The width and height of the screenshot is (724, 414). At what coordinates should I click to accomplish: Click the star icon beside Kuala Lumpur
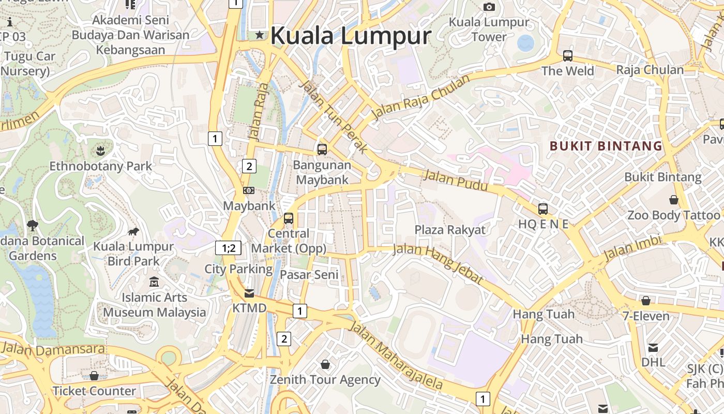point(260,35)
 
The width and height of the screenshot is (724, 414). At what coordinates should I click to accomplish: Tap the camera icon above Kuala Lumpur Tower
point(489,7)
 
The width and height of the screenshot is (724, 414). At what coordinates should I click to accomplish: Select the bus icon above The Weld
point(568,55)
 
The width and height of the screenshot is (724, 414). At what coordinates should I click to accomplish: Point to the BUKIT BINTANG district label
point(606,146)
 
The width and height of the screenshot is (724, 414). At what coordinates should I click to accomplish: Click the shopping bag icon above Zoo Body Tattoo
point(673,199)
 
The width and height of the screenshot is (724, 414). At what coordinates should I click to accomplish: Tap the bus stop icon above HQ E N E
point(542,209)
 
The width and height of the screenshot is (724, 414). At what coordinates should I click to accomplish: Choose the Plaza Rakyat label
point(450,230)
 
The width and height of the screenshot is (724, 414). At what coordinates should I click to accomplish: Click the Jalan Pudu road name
point(456,180)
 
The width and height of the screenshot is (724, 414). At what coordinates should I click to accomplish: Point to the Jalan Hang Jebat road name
point(438,264)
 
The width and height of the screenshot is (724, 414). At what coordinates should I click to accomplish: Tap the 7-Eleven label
point(646,316)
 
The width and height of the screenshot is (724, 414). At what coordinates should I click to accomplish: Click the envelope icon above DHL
point(653,348)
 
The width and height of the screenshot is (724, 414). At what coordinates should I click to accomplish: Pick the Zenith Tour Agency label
point(325,379)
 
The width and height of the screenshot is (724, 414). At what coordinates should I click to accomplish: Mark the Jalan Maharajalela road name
point(396,356)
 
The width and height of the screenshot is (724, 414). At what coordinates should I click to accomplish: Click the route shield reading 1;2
point(229,248)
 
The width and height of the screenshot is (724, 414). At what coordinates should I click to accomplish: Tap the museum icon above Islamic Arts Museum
point(154,282)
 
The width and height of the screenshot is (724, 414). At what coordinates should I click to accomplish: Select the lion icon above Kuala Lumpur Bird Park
point(133,231)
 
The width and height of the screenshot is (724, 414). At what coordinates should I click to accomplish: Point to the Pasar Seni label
point(309,275)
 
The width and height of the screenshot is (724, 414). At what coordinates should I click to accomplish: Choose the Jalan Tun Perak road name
point(334,116)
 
